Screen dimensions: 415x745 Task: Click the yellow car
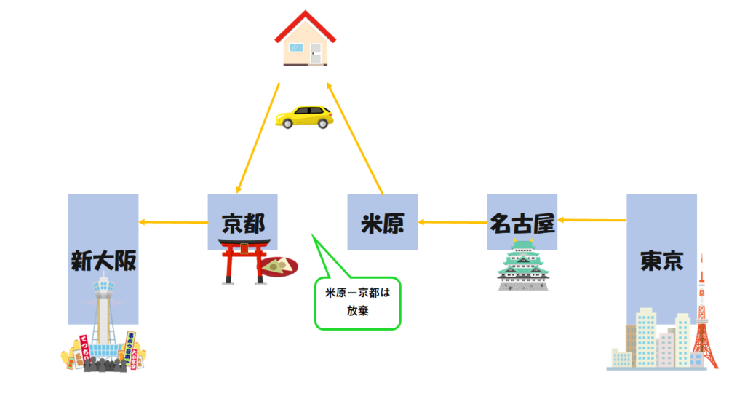tap(304, 116)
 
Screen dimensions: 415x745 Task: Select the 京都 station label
tap(242, 224)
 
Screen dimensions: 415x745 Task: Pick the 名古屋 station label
tap(522, 224)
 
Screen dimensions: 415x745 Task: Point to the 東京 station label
tap(661, 260)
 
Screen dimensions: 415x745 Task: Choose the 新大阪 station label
tap(103, 260)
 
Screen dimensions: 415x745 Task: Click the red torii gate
tap(245, 261)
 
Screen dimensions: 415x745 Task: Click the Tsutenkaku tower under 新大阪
tap(103, 320)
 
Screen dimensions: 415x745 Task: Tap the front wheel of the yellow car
tap(289, 124)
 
